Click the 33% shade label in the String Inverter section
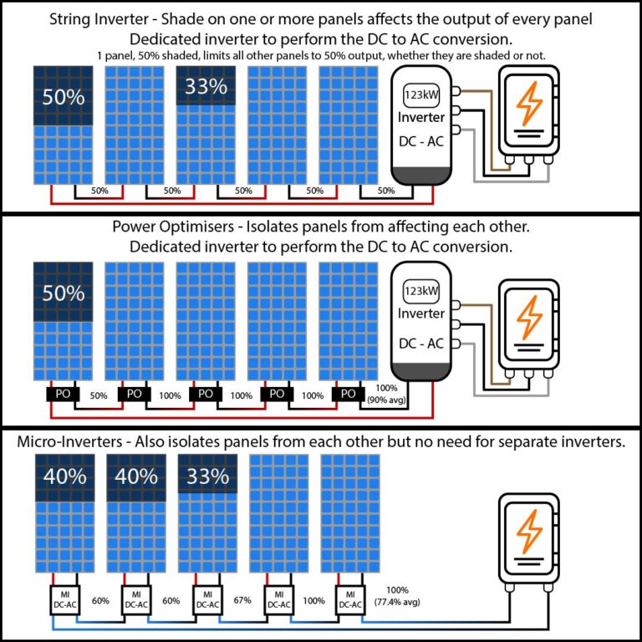pos(206,86)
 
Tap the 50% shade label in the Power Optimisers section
pos(64,293)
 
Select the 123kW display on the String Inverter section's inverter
pos(422,94)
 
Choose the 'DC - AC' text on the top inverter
pos(421,142)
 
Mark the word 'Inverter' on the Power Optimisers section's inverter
pos(421,313)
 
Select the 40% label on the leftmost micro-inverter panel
pos(64,476)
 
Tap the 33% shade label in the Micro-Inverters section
pos(207,476)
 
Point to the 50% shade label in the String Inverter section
pos(64,97)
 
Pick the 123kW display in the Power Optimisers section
pos(422,291)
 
